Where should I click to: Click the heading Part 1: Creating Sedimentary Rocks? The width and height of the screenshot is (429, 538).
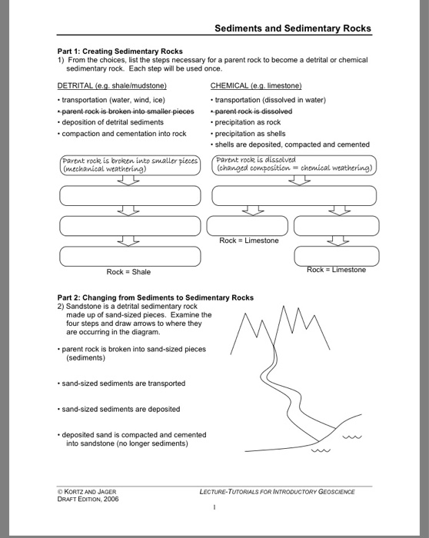[120, 51]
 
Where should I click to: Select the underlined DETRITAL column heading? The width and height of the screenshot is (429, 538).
[112, 85]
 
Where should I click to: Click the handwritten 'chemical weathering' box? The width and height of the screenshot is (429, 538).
[294, 165]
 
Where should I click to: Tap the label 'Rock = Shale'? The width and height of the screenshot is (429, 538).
[129, 271]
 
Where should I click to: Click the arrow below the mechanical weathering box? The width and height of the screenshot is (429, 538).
[129, 181]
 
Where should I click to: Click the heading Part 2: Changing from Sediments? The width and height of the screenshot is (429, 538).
[155, 297]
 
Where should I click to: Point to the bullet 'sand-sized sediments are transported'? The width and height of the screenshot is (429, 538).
[123, 383]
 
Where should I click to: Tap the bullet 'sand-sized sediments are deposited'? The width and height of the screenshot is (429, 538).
[121, 409]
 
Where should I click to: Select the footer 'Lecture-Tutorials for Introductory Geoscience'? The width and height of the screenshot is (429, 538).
[277, 491]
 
